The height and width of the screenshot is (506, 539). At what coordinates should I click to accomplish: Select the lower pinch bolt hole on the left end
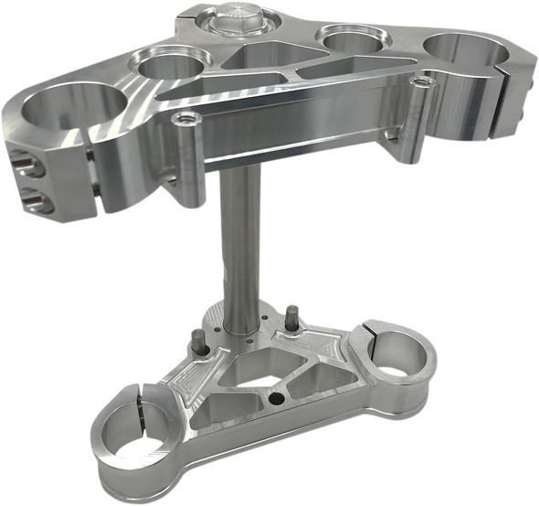pos(26,196)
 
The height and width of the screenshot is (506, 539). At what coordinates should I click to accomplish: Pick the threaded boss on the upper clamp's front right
pos(419,82)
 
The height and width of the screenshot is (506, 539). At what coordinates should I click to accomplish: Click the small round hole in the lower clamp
pos(275,399)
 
